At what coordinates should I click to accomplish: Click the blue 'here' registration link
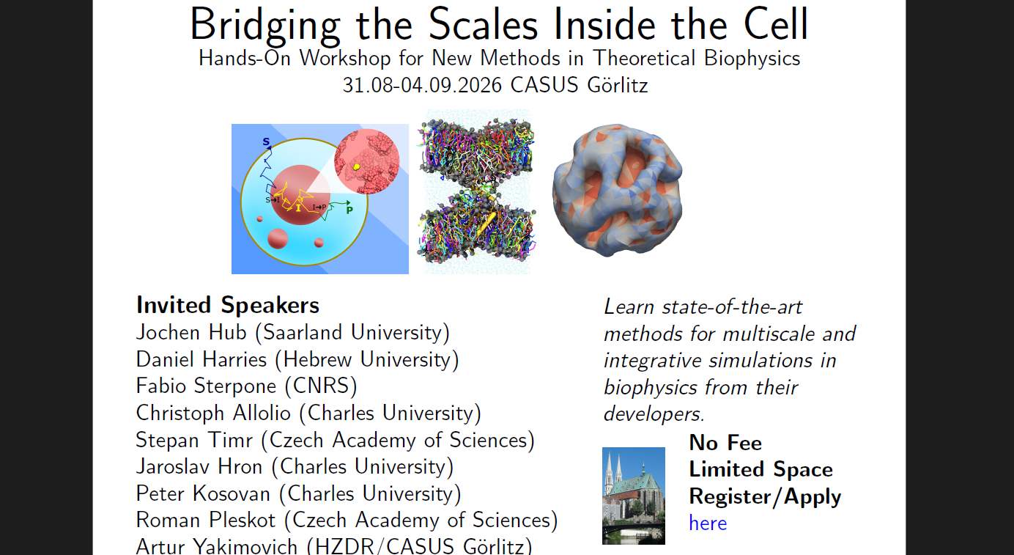708,523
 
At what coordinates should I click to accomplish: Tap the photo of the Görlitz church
634,496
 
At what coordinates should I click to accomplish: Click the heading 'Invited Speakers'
228,305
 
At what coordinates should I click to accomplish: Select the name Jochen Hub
191,332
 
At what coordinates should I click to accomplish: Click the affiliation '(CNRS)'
321,386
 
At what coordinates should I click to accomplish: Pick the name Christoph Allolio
213,414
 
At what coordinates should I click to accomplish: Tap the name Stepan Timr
193,441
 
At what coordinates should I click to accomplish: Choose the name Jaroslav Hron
199,466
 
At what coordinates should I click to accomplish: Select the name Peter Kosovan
203,494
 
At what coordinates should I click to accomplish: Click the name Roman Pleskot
206,520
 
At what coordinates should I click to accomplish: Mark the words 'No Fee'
725,443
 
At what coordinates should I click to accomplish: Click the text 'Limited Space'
761,469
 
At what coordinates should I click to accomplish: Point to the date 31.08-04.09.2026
422,85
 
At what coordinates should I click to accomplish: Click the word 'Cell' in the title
776,24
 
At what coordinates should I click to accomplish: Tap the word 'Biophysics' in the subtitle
752,59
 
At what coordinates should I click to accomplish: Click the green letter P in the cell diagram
349,210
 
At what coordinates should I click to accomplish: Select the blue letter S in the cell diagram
266,141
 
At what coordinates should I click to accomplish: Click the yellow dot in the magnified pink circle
357,167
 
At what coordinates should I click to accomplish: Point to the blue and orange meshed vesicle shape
617,191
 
